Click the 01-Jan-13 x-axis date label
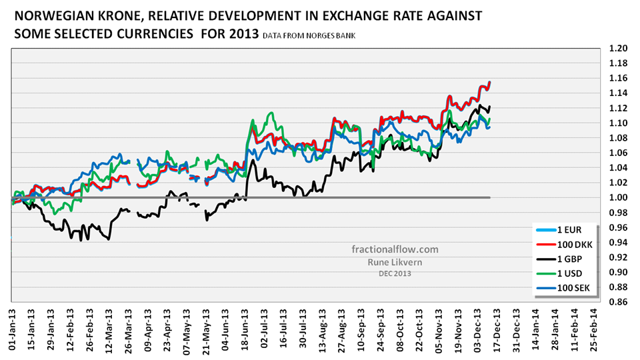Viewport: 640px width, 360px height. point(12,330)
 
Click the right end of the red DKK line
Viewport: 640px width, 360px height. point(490,83)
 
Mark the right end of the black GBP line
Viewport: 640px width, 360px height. point(490,107)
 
